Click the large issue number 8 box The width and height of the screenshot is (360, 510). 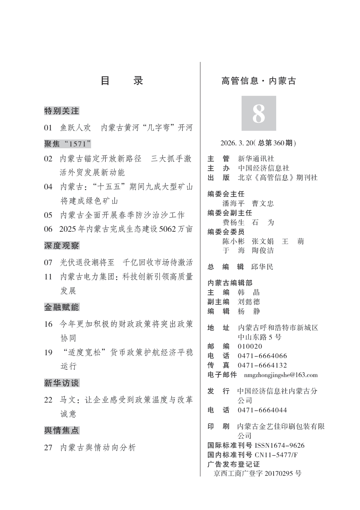pos(259,113)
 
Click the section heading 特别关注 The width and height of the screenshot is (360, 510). pos(62,111)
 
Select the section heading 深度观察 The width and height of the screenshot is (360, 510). pos(62,246)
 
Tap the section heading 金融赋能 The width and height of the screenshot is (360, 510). pos(62,307)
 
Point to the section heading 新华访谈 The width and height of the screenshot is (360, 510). pos(62,383)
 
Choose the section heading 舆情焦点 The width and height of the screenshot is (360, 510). pos(62,430)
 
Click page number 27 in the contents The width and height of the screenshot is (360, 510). pos(48,447)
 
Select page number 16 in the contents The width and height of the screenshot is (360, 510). pos(48,324)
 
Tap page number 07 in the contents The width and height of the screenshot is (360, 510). pos(48,262)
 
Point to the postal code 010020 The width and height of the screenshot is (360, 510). pos(250,346)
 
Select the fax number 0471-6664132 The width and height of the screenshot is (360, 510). pos(262,365)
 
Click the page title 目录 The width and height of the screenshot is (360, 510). pos(122,81)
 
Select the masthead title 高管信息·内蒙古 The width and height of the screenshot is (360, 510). pos(259,81)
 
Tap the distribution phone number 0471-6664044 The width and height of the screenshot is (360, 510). pos(262,410)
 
